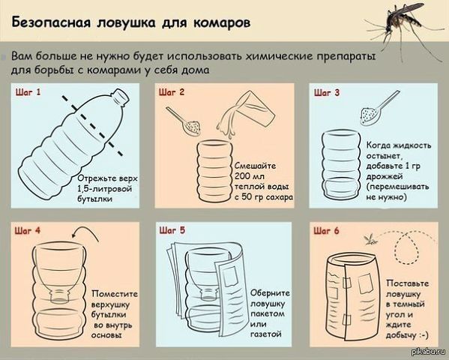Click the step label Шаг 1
28,92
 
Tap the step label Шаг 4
28,231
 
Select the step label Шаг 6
326,231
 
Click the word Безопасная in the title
51,22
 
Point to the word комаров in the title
222,23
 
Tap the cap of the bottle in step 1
120,96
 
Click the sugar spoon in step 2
184,121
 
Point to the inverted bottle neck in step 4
61,295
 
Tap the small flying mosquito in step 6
369,238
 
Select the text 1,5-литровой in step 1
104,189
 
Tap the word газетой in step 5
266,334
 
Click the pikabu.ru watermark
428,351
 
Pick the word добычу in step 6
401,335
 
